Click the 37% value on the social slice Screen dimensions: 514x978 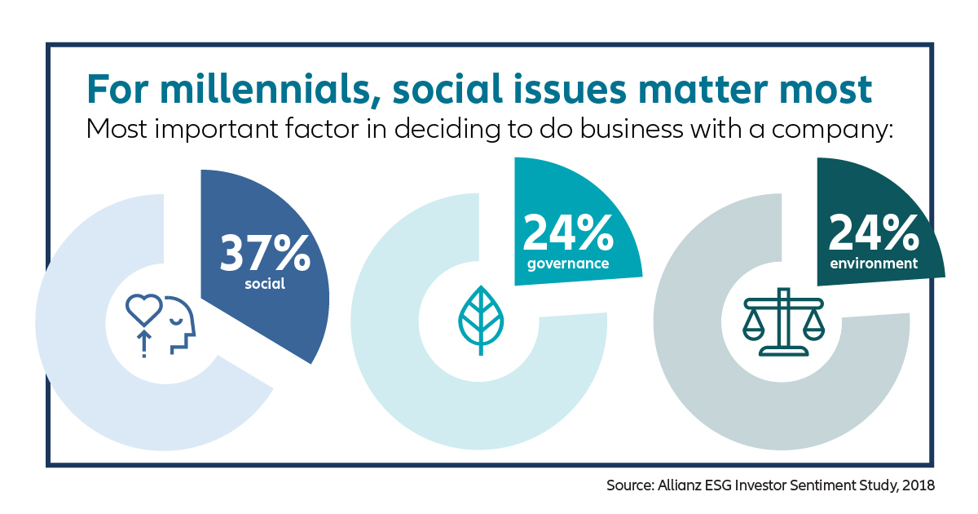tap(265, 254)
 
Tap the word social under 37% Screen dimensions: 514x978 tap(265, 285)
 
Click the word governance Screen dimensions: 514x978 tap(568, 264)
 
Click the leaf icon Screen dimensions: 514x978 tap(482, 319)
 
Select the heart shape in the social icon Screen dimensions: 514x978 tap(143, 308)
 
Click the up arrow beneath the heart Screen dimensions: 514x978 tap(144, 343)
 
